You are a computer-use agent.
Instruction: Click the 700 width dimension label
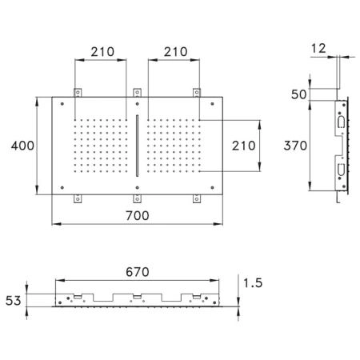138,215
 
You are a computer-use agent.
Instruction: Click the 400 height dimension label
22,146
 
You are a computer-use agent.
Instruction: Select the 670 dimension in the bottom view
138,272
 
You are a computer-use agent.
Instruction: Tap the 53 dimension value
13,301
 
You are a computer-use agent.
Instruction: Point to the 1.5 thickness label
253,283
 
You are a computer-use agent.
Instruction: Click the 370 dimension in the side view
295,146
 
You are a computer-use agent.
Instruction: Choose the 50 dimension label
298,94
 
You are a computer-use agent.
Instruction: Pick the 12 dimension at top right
318,49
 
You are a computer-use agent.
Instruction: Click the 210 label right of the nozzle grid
244,146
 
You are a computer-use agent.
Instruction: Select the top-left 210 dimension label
102,52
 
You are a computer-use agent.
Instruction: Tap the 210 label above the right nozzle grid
176,52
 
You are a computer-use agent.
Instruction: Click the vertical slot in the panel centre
138,146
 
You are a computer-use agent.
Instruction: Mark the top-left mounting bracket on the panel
78,93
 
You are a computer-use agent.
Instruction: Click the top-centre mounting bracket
137,93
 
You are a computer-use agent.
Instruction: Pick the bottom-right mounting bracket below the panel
197,198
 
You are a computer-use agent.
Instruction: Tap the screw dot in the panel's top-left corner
62,104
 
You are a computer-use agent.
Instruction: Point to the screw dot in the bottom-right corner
212,188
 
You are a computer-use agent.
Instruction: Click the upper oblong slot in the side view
341,122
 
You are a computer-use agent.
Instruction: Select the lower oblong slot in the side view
341,170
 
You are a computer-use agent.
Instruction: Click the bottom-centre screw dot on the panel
137,188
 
